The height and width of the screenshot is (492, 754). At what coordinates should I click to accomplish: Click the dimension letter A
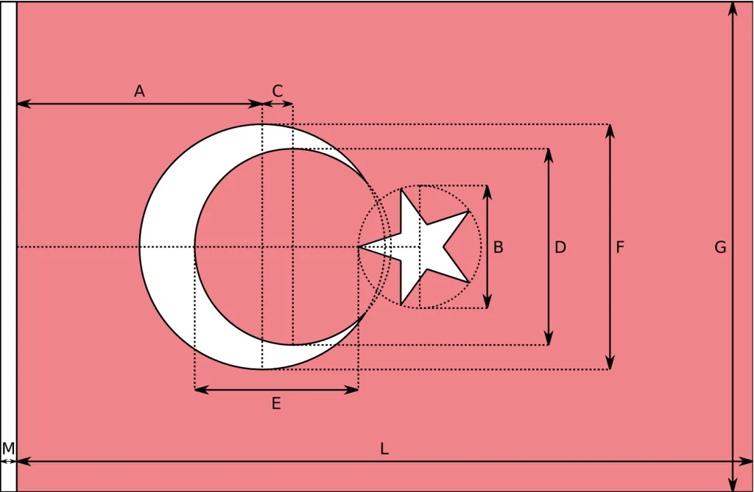tap(139, 91)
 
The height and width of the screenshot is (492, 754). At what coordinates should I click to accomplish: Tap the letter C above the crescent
tap(278, 91)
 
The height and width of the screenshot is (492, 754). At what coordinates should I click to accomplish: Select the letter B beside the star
tap(498, 248)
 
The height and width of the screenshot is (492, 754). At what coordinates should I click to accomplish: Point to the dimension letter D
tap(560, 248)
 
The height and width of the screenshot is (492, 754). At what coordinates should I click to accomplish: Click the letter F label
tap(620, 248)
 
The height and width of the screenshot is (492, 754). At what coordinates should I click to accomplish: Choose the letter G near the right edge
tap(720, 248)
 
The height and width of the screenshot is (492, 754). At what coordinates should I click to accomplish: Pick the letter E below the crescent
tap(276, 403)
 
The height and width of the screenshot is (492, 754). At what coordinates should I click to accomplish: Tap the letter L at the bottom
tap(384, 449)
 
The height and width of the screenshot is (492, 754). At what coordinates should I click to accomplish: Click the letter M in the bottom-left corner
tap(8, 448)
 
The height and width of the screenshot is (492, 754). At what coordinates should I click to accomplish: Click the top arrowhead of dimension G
tap(733, 7)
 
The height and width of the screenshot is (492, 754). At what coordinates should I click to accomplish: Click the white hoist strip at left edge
tap(8, 221)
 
